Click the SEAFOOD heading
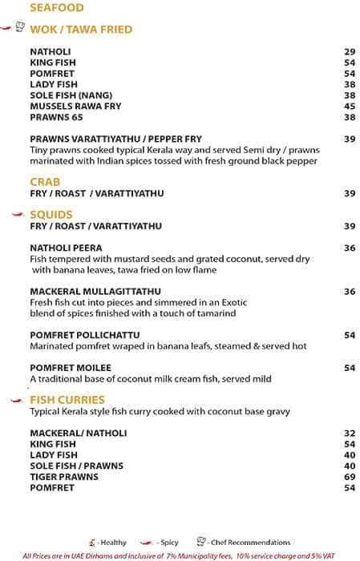coord(56,9)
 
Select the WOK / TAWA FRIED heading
coord(80,30)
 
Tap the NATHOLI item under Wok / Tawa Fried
coord(51,51)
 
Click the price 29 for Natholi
coord(350,51)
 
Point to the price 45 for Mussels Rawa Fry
coord(350,106)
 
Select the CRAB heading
coord(45,182)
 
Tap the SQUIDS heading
coord(51,215)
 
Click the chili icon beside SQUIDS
coord(18,215)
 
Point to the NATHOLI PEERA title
coord(66,248)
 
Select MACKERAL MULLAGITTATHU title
coord(95,292)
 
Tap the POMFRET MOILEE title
coord(71,368)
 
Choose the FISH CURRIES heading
coord(67,400)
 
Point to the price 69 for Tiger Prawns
coord(350,476)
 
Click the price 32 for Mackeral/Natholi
coord(350,433)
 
